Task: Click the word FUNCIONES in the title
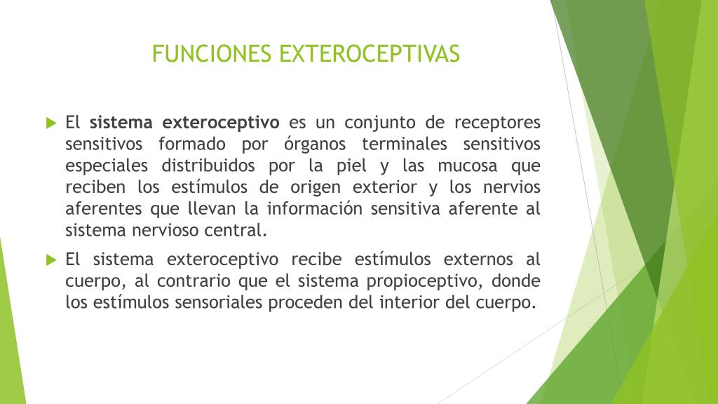point(212,53)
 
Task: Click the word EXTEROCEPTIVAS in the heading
point(370,53)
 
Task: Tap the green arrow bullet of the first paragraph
point(51,123)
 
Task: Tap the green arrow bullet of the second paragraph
point(51,260)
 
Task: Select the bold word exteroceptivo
point(221,123)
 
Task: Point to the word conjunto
point(379,123)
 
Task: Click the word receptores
point(497,123)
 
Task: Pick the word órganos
point(315,144)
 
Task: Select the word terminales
point(405,144)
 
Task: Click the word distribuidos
point(208,166)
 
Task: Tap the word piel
point(351,166)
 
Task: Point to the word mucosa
point(467,166)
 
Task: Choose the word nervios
point(512,187)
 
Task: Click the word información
point(316,208)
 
